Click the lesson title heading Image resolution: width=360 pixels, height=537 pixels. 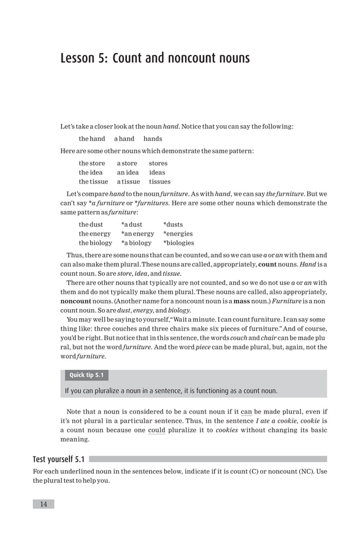[x=155, y=59]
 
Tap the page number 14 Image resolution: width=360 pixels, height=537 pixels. [x=43, y=504]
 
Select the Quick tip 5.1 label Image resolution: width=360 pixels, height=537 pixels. [x=86, y=375]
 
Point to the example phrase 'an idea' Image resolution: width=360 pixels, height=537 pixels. [x=129, y=173]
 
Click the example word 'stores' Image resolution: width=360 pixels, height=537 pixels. [x=158, y=164]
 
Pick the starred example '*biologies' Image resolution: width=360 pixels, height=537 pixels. [x=178, y=243]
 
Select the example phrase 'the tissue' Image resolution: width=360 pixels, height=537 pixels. [x=93, y=182]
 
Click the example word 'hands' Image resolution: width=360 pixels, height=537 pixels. [x=152, y=139]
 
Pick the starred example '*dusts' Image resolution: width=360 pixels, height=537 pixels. [x=173, y=225]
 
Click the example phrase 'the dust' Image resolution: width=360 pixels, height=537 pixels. [x=90, y=225]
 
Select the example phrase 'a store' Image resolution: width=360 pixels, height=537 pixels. [x=127, y=164]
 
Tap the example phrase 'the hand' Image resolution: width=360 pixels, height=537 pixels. [x=92, y=139]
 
